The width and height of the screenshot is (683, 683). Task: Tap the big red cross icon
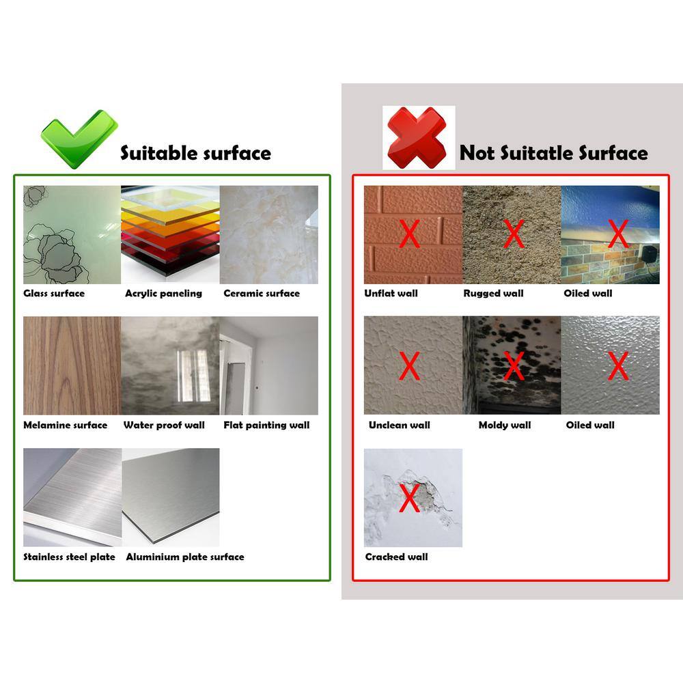click(417, 138)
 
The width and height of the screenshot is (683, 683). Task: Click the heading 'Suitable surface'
click(195, 153)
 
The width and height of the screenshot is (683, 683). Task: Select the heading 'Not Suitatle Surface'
click(554, 153)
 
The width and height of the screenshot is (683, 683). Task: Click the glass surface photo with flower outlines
click(72, 235)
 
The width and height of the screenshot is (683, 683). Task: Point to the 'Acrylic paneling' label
click(164, 294)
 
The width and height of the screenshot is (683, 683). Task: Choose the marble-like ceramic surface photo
click(268, 235)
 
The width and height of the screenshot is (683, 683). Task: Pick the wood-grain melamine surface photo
click(72, 365)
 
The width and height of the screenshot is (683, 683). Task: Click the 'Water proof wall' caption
click(164, 425)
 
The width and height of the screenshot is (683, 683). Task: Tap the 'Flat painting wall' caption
click(266, 426)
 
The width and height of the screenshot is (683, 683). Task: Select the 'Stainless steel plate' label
click(69, 557)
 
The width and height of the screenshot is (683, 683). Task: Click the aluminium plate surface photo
click(171, 497)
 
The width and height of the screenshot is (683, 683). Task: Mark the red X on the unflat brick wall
click(409, 234)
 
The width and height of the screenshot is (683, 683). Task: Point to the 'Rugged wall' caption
click(494, 294)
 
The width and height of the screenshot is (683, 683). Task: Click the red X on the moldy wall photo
click(514, 366)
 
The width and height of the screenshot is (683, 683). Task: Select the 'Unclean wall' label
click(400, 425)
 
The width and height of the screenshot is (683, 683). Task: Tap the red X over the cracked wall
click(409, 498)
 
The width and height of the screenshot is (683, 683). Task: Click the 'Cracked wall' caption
click(396, 557)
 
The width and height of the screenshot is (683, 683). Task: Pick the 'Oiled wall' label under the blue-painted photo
click(588, 294)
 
